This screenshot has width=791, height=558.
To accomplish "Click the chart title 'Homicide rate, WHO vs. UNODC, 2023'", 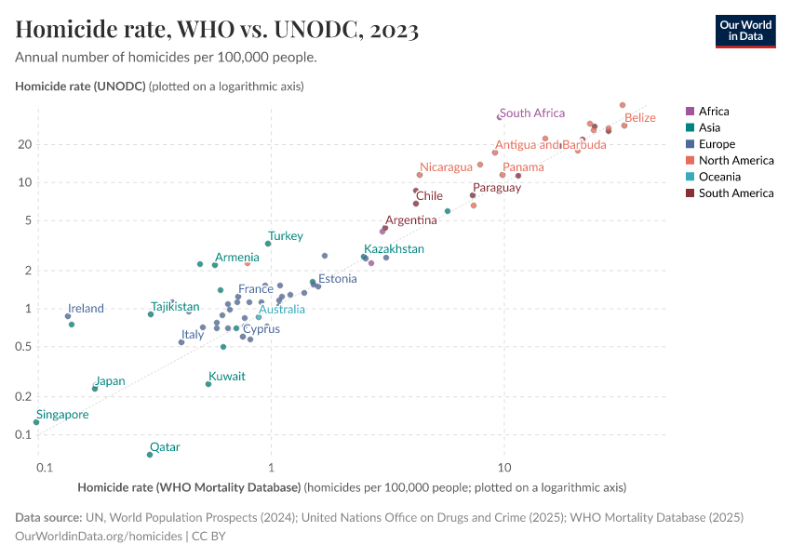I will [x=217, y=30].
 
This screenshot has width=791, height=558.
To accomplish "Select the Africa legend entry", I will [x=714, y=111].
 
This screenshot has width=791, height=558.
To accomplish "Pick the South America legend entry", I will [x=735, y=193].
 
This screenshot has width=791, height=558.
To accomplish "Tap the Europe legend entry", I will [x=717, y=144].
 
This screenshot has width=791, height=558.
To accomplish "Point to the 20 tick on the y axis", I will [x=25, y=144].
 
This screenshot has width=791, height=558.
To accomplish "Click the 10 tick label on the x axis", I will [x=504, y=467].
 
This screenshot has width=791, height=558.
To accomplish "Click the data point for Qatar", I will [x=150, y=455].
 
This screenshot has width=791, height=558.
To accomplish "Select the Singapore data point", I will [x=36, y=422].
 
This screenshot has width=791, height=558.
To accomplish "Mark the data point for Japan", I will [x=95, y=389].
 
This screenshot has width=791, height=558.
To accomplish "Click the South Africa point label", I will [x=532, y=113].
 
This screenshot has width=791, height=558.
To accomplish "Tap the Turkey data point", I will [x=268, y=244].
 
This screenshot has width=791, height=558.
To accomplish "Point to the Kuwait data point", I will [x=208, y=384].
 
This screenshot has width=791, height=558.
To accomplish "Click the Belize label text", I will [x=640, y=118].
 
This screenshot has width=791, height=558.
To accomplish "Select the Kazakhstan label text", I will [x=394, y=249].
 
